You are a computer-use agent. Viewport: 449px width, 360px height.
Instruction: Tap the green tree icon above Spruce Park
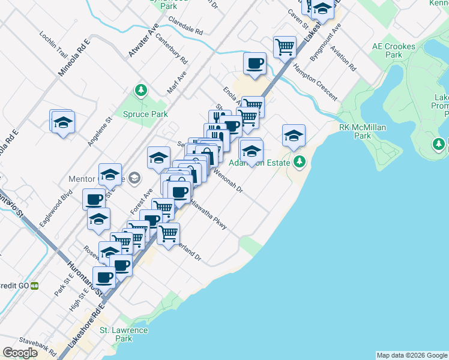(141, 91)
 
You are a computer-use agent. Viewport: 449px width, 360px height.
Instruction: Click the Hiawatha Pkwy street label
(208, 214)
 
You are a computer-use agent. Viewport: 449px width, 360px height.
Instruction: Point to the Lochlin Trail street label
(53, 44)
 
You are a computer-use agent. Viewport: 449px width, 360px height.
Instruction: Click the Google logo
(20, 353)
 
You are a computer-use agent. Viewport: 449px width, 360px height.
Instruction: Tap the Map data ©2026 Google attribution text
(412, 355)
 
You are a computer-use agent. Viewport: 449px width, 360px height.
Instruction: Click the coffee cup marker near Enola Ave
(255, 64)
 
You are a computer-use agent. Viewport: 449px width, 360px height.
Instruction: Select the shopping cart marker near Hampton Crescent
(285, 46)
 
